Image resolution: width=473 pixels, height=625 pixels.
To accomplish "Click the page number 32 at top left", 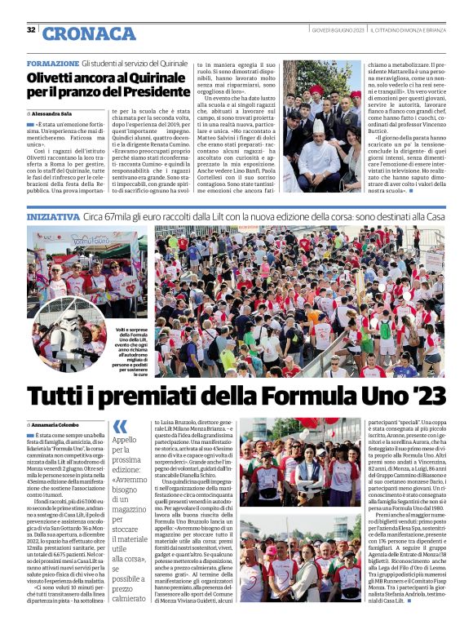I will [x=31, y=30].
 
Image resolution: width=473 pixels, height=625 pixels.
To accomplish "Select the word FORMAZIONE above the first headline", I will [x=52, y=63].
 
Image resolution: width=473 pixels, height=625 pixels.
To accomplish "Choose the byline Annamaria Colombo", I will [x=55, y=425].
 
